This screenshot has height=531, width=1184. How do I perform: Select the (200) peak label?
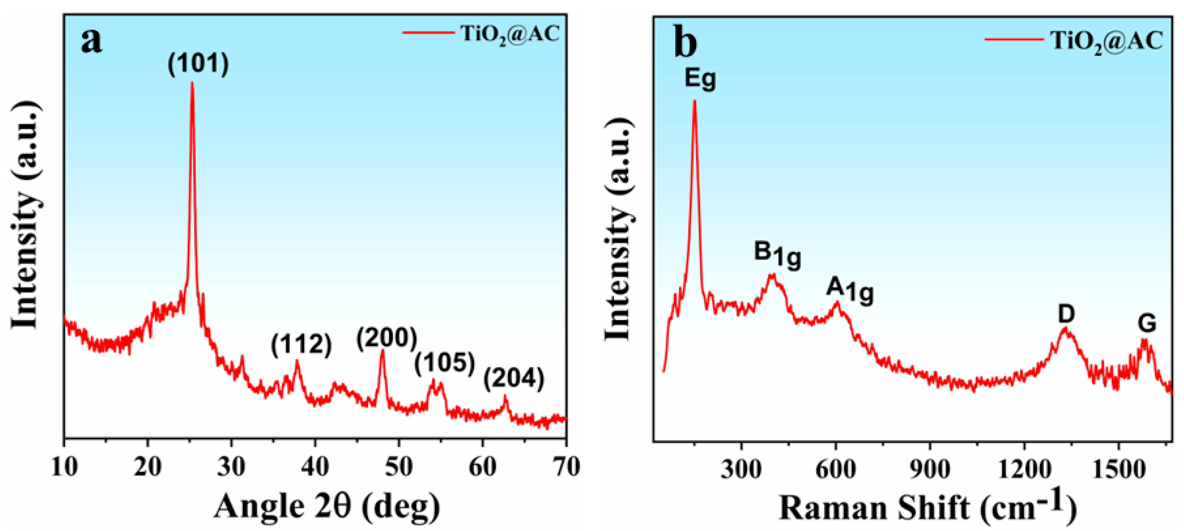[387, 338]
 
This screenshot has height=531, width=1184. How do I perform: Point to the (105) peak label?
[444, 363]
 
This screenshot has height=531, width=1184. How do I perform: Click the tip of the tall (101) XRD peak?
[192, 83]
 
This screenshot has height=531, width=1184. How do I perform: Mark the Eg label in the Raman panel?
[700, 78]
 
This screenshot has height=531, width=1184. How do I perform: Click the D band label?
[1066, 314]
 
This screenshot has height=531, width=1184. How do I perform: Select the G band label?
[1147, 324]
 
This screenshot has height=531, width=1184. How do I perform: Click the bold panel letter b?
[685, 42]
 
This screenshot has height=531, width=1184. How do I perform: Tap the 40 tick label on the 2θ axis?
[315, 467]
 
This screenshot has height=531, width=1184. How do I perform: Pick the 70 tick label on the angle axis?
[566, 467]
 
